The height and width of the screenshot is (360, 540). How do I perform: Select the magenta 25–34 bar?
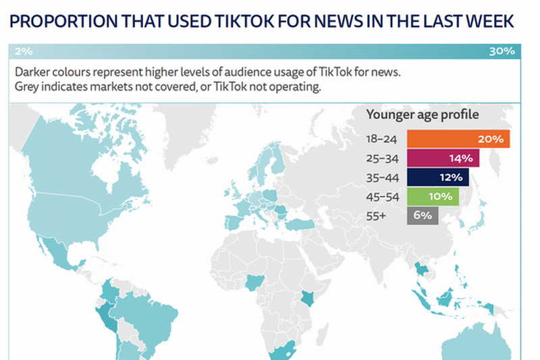click(x=443, y=159)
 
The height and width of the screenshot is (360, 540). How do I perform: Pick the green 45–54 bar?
click(x=433, y=197)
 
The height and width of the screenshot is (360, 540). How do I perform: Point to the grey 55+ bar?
click(x=423, y=215)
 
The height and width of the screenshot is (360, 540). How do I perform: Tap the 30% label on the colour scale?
click(x=502, y=51)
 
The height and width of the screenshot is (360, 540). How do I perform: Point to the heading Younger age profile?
click(x=422, y=115)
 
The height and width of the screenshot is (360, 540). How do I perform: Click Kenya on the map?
click(x=307, y=298)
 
